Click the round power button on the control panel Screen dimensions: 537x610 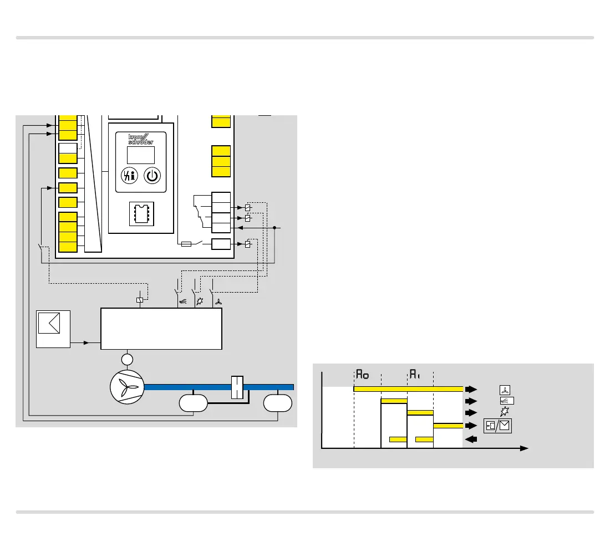pyautogui.click(x=152, y=176)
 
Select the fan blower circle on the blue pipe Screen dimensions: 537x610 pyautogui.click(x=128, y=386)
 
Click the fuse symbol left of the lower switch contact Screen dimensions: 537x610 pyautogui.click(x=186, y=244)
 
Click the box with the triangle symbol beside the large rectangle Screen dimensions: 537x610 pyautogui.click(x=53, y=329)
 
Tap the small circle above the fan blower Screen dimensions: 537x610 pyautogui.click(x=128, y=360)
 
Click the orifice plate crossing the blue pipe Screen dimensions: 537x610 pyautogui.click(x=237, y=386)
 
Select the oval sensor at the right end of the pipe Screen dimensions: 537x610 pyautogui.click(x=278, y=403)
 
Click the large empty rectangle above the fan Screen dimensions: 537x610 pyautogui.click(x=161, y=329)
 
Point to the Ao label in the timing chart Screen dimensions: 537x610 pyautogui.click(x=362, y=374)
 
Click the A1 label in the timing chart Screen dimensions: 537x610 pyautogui.click(x=415, y=374)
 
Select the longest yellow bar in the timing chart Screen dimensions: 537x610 pyautogui.click(x=408, y=388)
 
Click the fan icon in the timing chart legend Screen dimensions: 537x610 pyautogui.click(x=505, y=389)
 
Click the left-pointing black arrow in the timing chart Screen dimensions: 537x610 pyautogui.click(x=471, y=439)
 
